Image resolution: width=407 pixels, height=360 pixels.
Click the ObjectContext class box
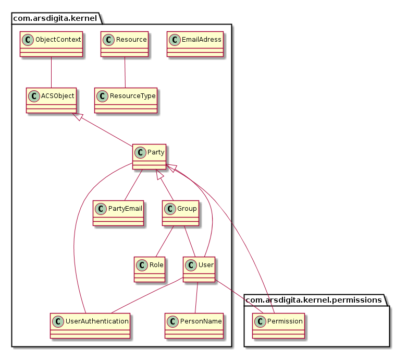coord(51,44)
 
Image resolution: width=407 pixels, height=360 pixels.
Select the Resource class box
coord(124,44)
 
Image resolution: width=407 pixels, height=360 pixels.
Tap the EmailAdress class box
coord(195,44)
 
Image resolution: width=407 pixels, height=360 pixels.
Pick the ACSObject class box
coord(51,100)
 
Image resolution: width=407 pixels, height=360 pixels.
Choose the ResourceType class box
coord(126,100)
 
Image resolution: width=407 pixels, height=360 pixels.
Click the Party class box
coord(149,157)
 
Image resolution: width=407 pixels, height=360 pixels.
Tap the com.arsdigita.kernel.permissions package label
coord(316,299)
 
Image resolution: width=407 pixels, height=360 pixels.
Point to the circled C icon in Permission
coord(260,321)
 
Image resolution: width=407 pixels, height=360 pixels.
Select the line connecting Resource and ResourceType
coord(125,72)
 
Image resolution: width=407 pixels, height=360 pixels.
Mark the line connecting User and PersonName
coord(196,297)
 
